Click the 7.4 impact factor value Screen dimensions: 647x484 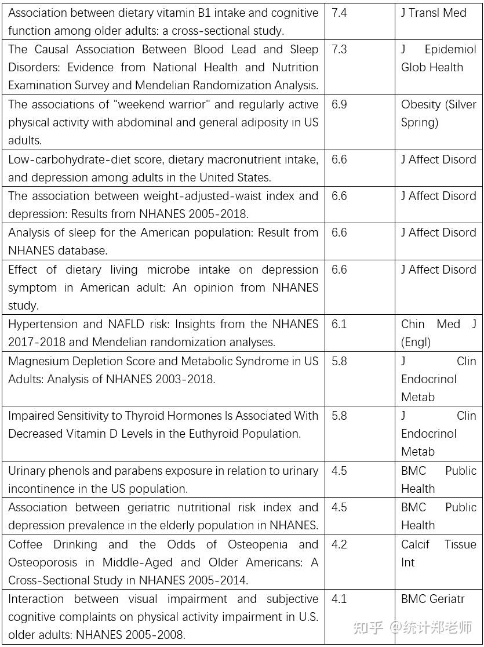pos(339,13)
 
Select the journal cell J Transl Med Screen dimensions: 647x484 pos(434,13)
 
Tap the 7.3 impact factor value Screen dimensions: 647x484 pos(339,49)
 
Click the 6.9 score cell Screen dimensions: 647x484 pos(339,104)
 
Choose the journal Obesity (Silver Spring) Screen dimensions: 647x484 pos(438,113)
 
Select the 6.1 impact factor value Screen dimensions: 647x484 pos(339,324)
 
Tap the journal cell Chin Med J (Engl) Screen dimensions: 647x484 pos(438,333)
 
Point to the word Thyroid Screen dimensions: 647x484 pos(159,416)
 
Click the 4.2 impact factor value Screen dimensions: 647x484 pos(339,544)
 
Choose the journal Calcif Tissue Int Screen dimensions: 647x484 pos(438,553)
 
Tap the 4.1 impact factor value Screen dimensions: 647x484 pos(339,599)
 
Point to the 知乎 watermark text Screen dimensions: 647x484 pos(367,628)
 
